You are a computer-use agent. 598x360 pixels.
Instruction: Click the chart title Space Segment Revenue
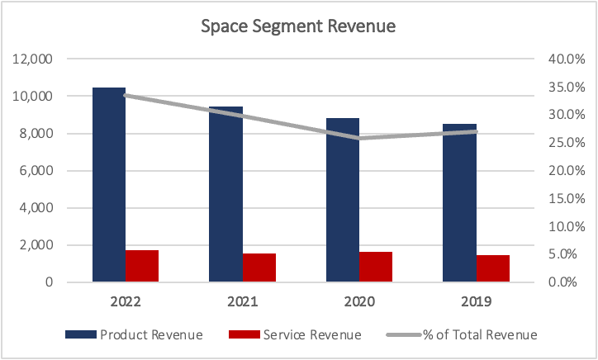tap(299, 26)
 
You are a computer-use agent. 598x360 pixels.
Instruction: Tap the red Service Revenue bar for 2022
tap(142, 266)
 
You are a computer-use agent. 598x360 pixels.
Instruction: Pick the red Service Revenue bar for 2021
tap(259, 268)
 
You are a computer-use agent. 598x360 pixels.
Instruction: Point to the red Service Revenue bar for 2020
tap(376, 267)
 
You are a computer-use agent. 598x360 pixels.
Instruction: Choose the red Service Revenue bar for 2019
tap(493, 268)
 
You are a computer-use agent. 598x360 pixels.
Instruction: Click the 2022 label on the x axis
tap(126, 303)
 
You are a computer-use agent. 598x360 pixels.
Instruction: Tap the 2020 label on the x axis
tap(359, 303)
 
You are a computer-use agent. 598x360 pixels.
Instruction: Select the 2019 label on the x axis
tap(477, 303)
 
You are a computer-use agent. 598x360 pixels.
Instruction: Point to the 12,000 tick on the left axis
tap(32, 59)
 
